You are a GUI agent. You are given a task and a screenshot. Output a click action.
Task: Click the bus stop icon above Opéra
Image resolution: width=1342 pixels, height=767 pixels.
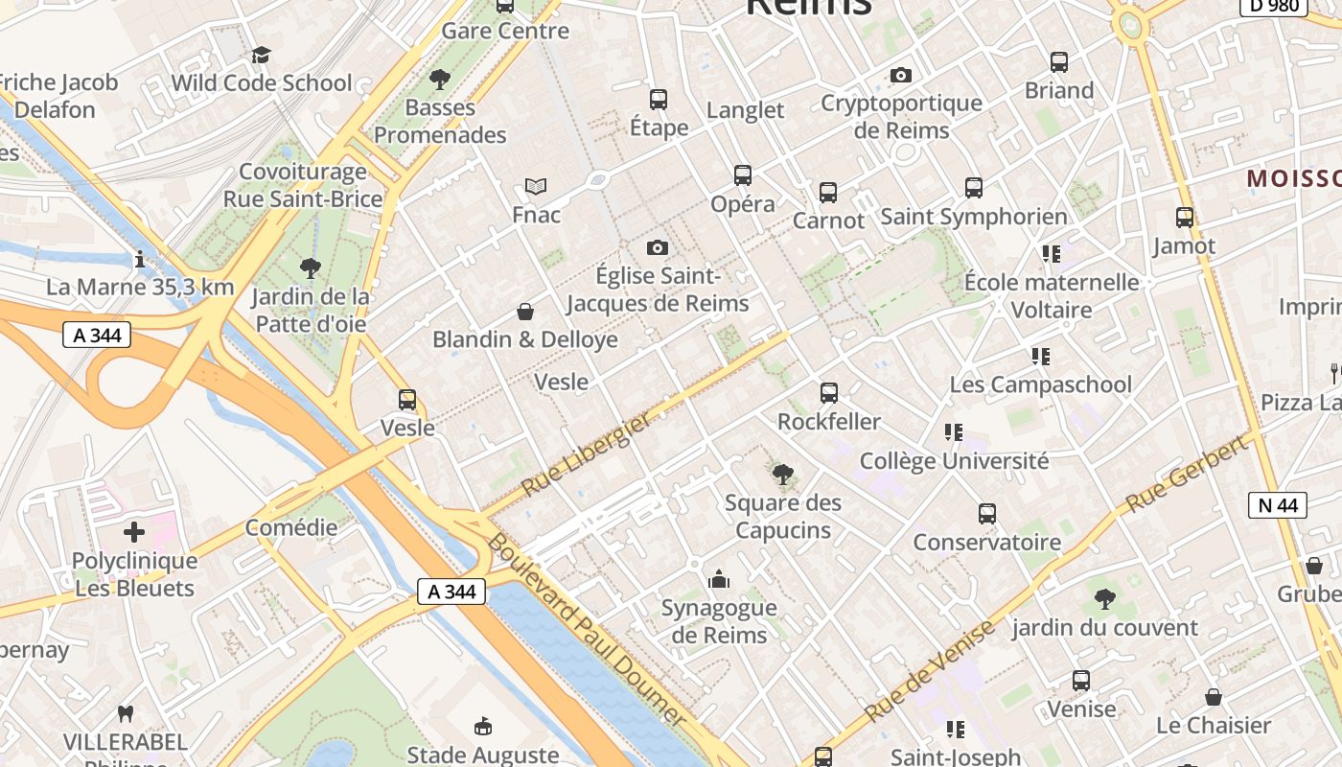[743, 175]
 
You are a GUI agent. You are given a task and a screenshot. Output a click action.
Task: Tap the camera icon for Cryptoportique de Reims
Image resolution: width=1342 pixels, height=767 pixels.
[901, 75]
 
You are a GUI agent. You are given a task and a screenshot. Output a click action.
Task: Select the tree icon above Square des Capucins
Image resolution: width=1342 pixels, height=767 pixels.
[783, 474]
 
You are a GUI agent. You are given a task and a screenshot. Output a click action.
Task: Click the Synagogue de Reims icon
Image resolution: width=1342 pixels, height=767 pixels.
[719, 579]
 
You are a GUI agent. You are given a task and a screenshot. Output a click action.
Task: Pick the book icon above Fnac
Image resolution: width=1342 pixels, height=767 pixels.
[536, 186]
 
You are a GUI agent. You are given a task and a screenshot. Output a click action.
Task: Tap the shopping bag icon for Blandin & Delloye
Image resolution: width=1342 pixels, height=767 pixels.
[525, 312]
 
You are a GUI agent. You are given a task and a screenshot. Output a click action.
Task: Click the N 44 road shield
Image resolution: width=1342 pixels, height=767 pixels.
[1278, 504]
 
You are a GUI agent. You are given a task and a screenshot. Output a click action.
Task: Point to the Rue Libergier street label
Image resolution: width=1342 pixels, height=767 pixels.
[587, 453]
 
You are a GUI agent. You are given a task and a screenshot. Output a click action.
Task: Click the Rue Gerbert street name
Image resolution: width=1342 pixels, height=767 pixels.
[1189, 474]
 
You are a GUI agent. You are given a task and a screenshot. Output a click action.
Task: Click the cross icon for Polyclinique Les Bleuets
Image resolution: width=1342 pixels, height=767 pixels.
[134, 532]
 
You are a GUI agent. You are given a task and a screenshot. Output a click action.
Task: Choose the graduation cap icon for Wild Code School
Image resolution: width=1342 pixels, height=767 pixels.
[261, 55]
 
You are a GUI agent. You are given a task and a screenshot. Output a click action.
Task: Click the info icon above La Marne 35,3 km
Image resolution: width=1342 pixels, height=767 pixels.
[140, 259]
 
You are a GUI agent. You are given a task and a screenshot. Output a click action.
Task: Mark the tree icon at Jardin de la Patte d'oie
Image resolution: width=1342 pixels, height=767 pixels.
[310, 268]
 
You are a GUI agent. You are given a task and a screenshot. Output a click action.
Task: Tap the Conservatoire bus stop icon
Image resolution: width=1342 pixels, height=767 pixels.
[987, 514]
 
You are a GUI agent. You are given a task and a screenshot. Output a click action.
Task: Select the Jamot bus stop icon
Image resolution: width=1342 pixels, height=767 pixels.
[1185, 218]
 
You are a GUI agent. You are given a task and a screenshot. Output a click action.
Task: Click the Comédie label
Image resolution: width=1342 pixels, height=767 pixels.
[291, 527]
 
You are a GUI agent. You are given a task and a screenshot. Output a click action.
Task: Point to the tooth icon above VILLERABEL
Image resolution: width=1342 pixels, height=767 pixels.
[125, 713]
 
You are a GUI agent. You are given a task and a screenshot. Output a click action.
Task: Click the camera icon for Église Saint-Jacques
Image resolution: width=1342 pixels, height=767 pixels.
[657, 248]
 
